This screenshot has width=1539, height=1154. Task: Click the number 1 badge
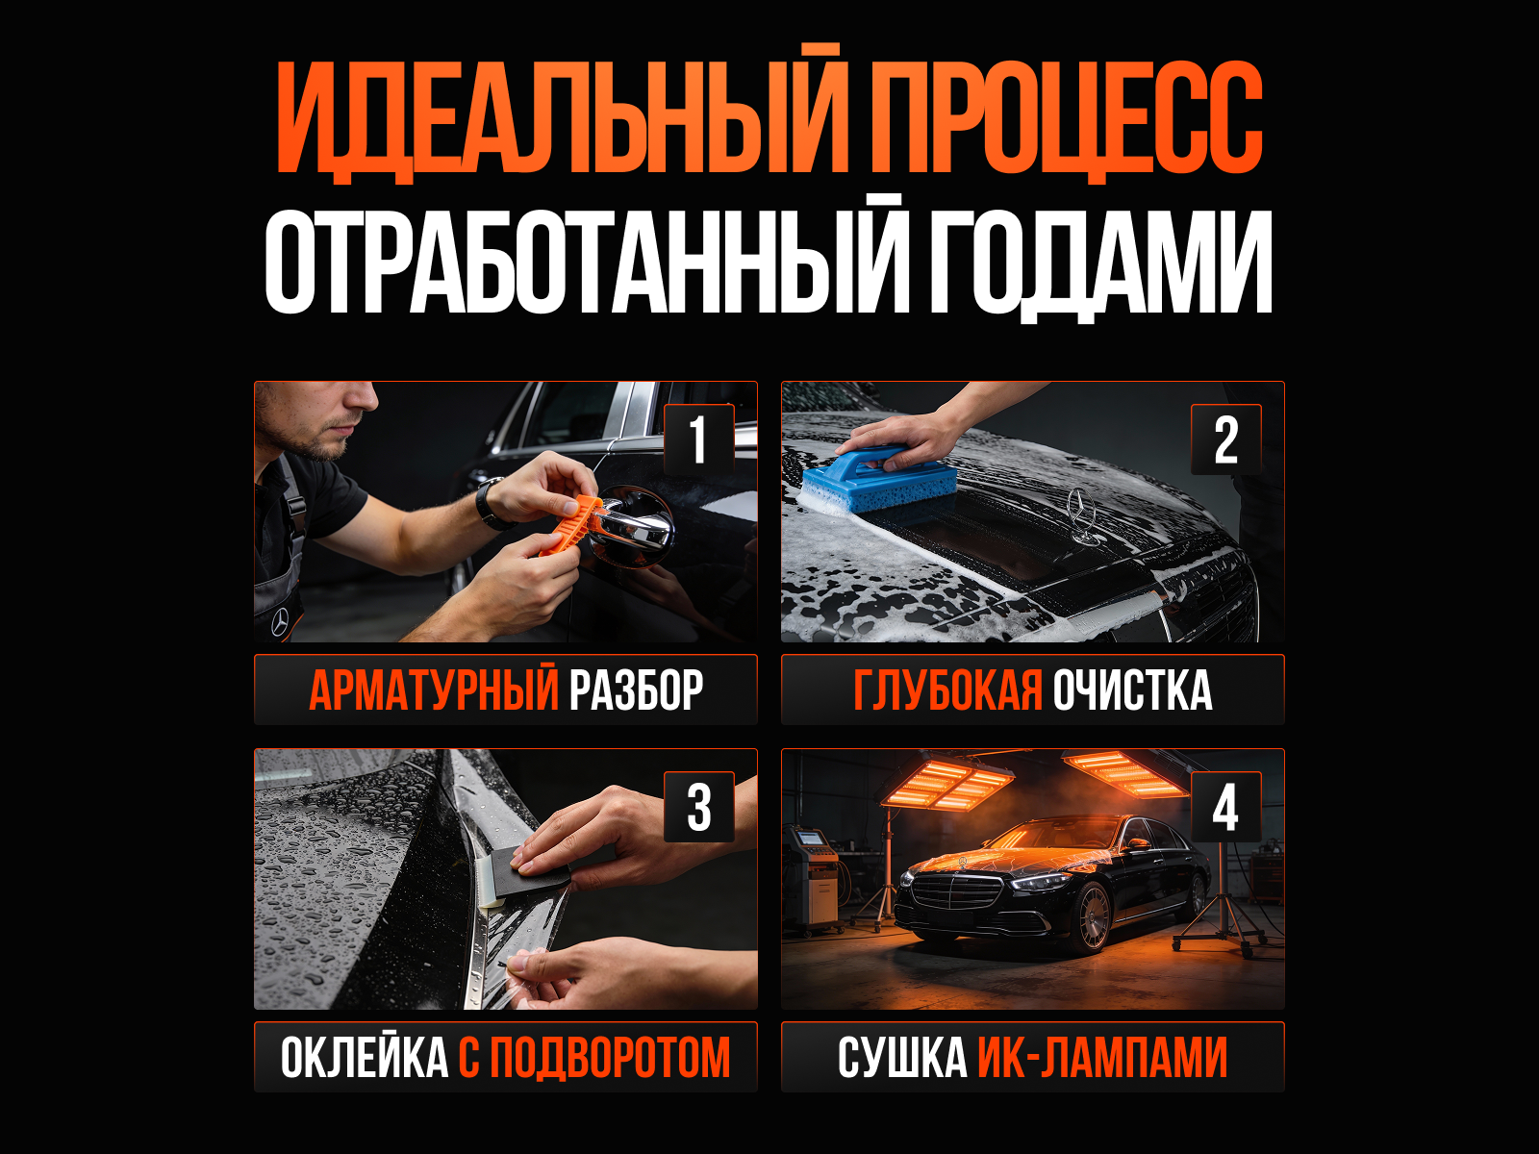[698, 440]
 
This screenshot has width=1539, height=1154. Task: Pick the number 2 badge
[1226, 440]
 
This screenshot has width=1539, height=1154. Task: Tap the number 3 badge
[698, 807]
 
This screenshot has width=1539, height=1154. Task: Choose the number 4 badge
[1226, 807]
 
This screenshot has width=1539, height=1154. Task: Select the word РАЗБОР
[636, 690]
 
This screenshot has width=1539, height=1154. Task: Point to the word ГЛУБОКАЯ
[948, 690]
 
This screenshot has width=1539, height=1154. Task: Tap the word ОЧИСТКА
[1132, 690]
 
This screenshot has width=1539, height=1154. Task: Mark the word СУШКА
[902, 1058]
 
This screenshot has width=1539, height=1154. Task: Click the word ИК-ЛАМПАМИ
[1103, 1058]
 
